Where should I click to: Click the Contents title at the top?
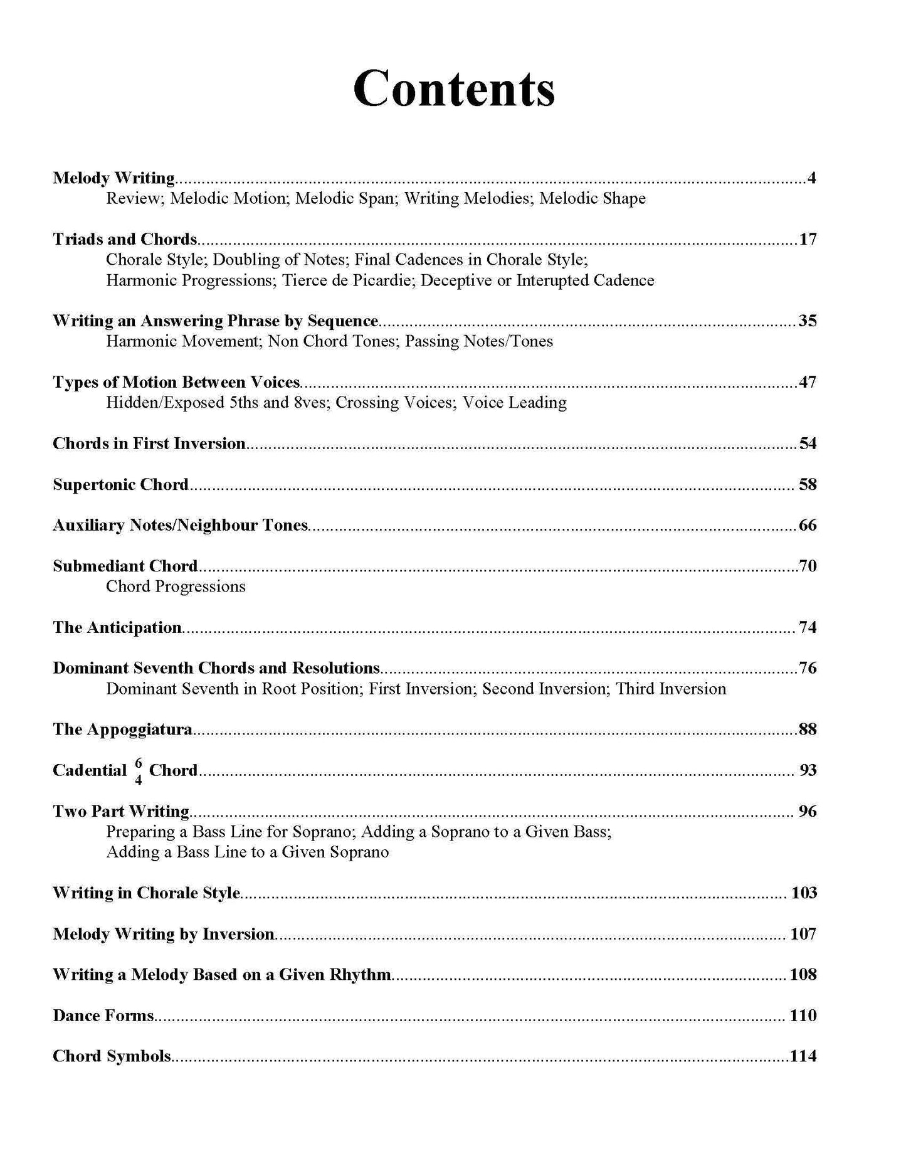point(453,89)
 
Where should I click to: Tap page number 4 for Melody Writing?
point(811,178)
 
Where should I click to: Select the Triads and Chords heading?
point(125,239)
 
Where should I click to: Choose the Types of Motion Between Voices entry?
point(176,382)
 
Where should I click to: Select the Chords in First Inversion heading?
point(149,443)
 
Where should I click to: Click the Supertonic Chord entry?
point(120,484)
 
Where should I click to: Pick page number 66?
point(807,525)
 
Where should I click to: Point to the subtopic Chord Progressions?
point(176,586)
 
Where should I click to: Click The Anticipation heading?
point(117,627)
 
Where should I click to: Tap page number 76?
point(807,668)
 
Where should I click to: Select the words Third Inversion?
point(671,689)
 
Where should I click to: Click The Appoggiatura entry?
point(122,730)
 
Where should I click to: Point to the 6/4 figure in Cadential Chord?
point(139,771)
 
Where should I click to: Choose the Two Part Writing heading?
point(121,811)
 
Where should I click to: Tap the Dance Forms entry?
point(103,1016)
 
